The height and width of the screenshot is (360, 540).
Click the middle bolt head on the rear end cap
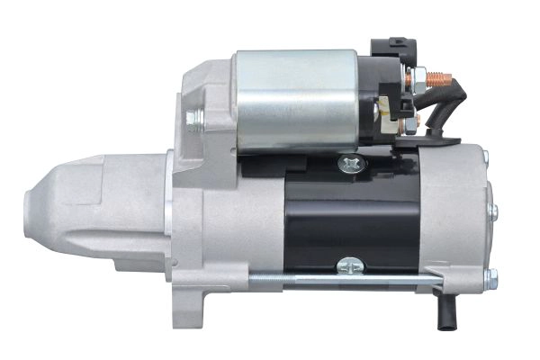(493, 212)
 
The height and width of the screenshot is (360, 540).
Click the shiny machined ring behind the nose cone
(169, 216)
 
